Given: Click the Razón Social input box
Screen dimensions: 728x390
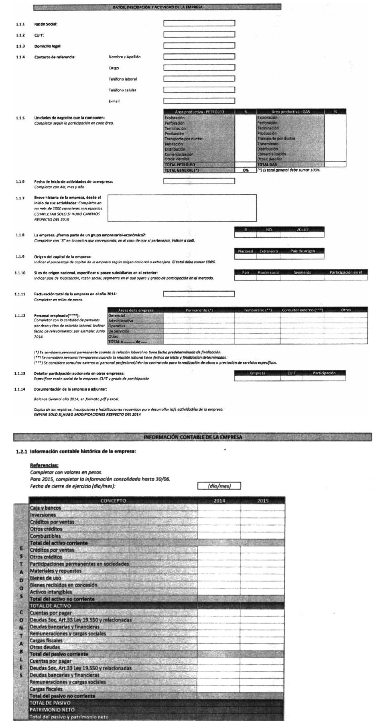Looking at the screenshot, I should (x=199, y=23).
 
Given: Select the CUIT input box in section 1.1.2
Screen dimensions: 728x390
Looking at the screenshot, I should (x=199, y=34).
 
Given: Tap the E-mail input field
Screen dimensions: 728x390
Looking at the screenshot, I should (x=199, y=101).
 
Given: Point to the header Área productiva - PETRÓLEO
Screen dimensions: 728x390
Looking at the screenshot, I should (x=199, y=112).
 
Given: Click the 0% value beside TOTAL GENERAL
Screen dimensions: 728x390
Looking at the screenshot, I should (x=246, y=170).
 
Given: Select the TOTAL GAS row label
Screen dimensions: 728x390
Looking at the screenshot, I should (x=267, y=165).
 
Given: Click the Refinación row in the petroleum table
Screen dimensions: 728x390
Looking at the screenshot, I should (x=174, y=144).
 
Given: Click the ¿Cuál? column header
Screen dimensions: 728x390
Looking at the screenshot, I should (x=303, y=230).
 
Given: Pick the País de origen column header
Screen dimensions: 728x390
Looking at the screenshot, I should (x=303, y=251).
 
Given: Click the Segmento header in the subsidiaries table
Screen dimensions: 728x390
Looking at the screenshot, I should (x=302, y=272).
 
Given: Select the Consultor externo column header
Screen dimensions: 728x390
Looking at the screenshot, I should (x=302, y=310).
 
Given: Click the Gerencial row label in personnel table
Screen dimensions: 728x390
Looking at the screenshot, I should (x=117, y=316).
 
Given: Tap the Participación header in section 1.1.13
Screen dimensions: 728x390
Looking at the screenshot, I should (x=324, y=373).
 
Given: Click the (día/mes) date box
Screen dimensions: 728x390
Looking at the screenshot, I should (x=219, y=486).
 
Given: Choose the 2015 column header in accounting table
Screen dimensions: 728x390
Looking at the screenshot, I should (x=263, y=501).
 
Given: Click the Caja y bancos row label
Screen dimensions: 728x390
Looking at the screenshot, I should (x=45, y=508).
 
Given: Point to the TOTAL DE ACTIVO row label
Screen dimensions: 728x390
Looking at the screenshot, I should (x=50, y=606).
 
